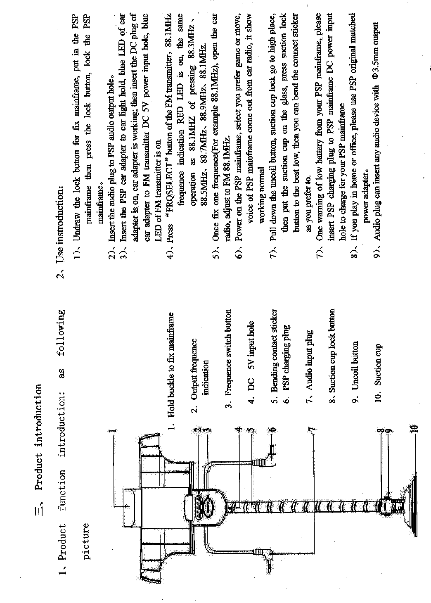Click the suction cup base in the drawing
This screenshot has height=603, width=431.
413,503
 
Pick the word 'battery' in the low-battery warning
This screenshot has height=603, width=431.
318,148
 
